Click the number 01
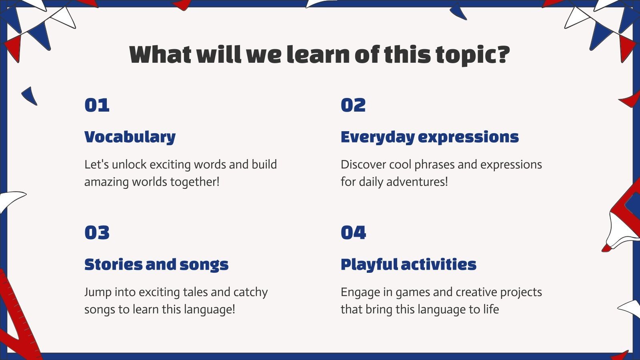coord(97,105)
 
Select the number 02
coord(353,105)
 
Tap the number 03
coord(97,233)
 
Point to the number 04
coord(353,233)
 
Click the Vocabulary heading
coord(130,137)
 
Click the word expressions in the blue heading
coord(468,137)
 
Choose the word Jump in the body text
coord(98,292)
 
